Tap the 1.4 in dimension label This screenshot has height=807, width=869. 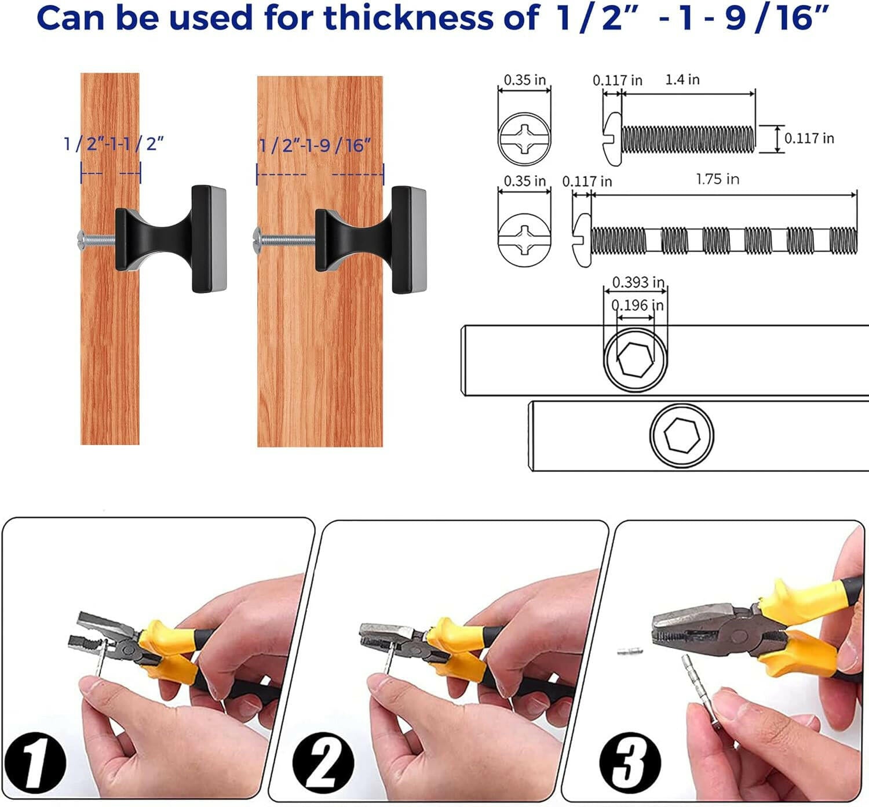[682, 79]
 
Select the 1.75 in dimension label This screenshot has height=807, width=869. [718, 179]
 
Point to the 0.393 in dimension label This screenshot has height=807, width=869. [638, 282]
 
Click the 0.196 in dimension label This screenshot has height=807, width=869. [637, 305]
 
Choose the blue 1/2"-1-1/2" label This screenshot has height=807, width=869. [114, 144]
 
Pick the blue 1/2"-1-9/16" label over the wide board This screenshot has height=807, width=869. [315, 146]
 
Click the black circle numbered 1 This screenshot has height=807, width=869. [35, 763]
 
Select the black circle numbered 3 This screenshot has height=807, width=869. [630, 763]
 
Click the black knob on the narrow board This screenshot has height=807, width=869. [171, 239]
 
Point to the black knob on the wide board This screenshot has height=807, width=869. [371, 240]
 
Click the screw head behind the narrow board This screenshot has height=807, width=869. [81, 241]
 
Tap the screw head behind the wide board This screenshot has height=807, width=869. [257, 240]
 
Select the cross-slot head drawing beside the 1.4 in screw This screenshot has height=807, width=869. [524, 139]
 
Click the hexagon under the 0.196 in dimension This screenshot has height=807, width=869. [636, 359]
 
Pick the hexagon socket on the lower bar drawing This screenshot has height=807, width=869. [682, 435]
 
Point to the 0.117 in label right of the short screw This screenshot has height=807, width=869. [809, 139]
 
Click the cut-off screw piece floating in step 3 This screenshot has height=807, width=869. [630, 652]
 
